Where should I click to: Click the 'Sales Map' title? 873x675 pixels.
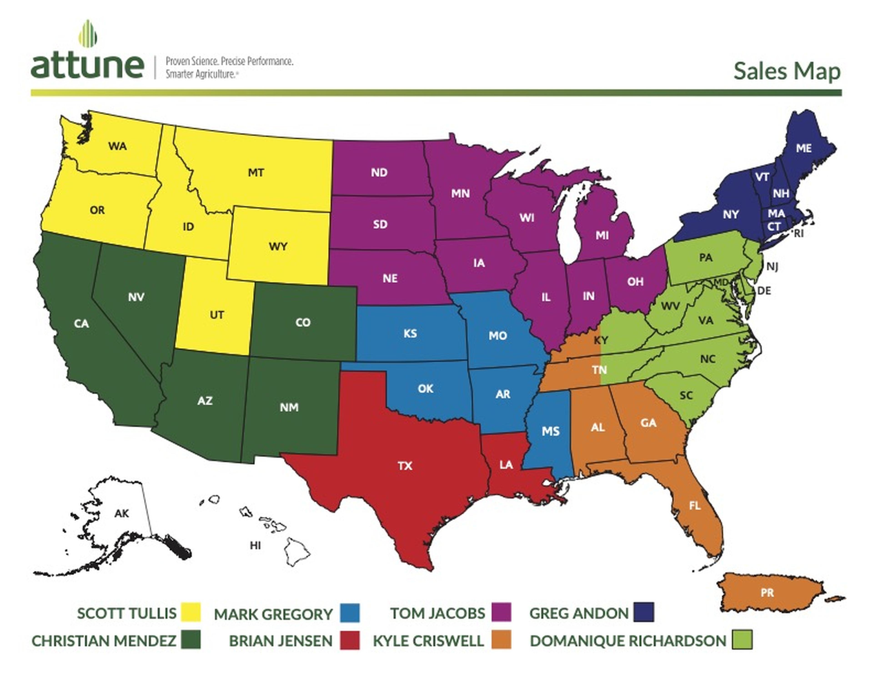[787, 71]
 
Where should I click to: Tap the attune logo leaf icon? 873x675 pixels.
[88, 34]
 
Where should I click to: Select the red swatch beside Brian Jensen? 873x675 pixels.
[350, 640]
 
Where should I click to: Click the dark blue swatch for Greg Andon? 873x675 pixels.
[644, 612]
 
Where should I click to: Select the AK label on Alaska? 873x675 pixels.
[122, 513]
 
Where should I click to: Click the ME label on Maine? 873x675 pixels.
[803, 148]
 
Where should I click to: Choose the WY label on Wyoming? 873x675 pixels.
[278, 246]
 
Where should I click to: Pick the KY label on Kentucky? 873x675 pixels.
[601, 340]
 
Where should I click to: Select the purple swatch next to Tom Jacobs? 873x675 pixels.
[501, 612]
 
